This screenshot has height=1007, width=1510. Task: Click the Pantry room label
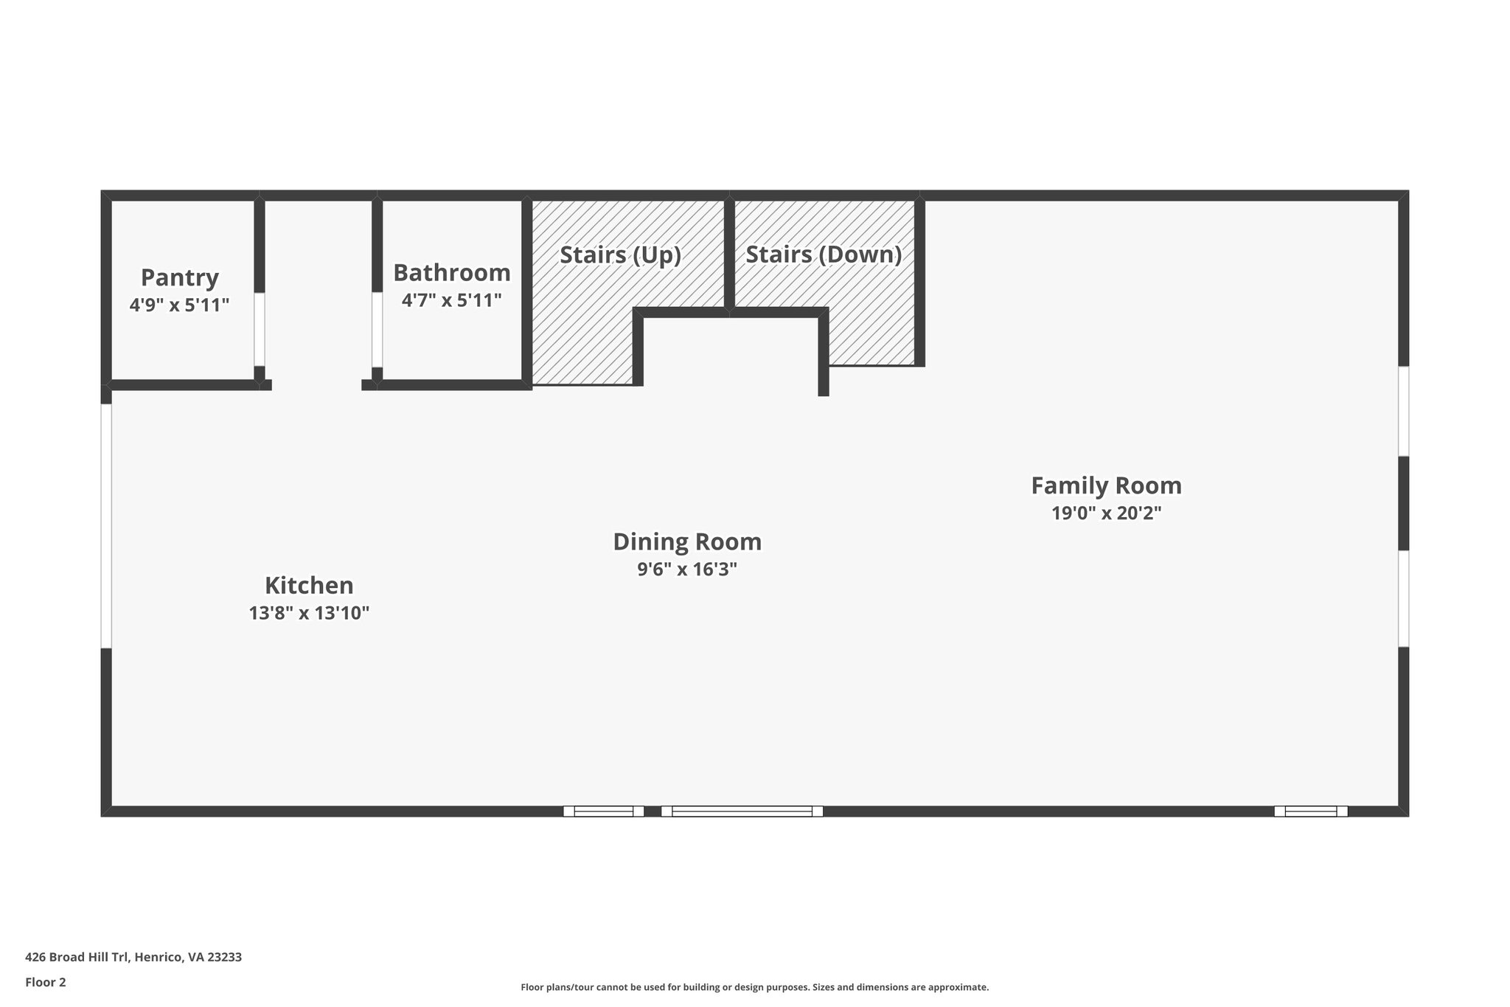[179, 278]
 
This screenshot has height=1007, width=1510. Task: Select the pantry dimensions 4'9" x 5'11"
[179, 305]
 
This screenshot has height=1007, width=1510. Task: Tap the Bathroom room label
[451, 273]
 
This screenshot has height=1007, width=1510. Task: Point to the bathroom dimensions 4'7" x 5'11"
[451, 300]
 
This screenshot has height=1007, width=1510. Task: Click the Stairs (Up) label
[620, 255]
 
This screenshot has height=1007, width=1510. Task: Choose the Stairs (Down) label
[824, 255]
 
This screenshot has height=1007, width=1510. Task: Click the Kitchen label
[309, 586]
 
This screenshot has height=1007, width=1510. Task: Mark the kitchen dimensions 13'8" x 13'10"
[309, 613]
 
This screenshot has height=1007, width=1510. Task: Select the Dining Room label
[687, 542]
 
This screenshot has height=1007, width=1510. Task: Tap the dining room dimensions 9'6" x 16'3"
[687, 570]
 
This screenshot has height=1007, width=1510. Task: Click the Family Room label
[1106, 486]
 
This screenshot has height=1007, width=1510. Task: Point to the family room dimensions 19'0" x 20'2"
[1106, 513]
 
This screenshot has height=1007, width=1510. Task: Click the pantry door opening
[260, 330]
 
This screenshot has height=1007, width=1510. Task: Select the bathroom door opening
[377, 330]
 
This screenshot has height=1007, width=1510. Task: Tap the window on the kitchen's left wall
[107, 526]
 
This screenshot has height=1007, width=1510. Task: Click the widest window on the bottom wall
[742, 811]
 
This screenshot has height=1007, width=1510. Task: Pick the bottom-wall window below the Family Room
[1310, 811]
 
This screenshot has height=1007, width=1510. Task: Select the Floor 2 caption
[46, 982]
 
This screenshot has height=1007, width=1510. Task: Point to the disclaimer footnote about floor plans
[754, 987]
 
